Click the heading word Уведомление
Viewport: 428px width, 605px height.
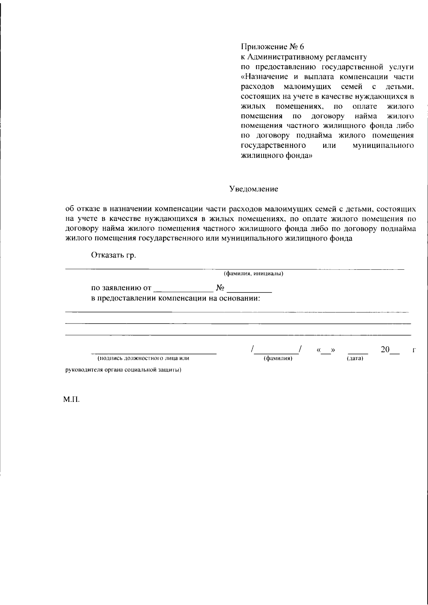pos(254,189)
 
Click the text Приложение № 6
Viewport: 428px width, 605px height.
pos(273,47)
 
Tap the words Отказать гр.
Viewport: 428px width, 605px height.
pos(114,255)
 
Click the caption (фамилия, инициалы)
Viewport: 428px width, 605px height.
pos(254,274)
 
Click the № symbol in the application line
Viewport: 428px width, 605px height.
pos(220,288)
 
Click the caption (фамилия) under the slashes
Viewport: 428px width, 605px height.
pos(278,358)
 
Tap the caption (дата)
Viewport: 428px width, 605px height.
pos(355,358)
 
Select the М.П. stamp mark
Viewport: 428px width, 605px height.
pos(71,400)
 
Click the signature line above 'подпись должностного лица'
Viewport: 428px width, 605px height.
pos(153,353)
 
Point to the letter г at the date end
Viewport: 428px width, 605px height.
pos(414,351)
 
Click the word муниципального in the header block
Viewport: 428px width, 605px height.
pos(383,146)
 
